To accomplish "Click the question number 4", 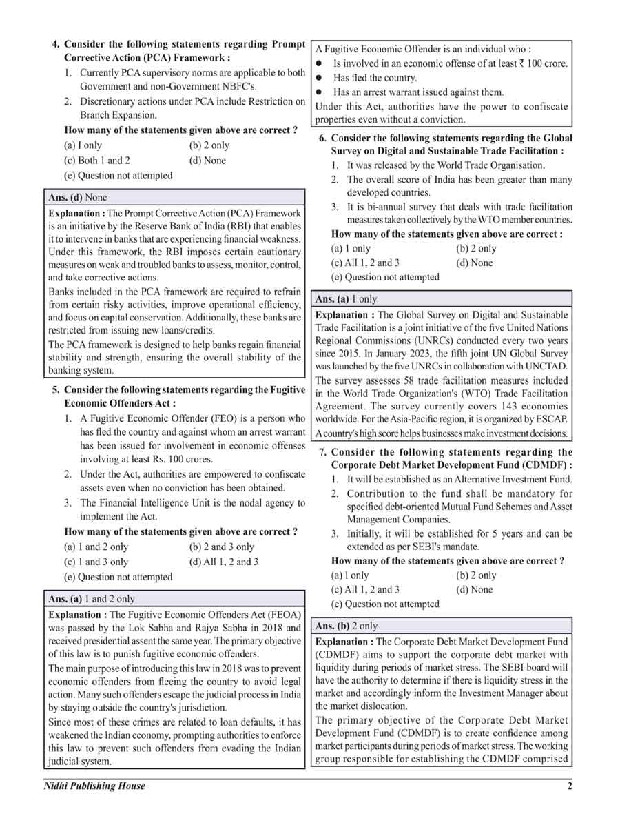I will click(x=56, y=45).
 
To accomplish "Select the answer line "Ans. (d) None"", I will click(x=78, y=197).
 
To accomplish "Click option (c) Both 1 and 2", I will click(x=96, y=161).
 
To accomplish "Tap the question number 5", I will click(x=56, y=390).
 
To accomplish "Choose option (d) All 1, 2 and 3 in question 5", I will click(x=223, y=562).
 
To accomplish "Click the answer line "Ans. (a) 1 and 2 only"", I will click(x=92, y=599).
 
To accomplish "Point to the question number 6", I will click(x=322, y=138).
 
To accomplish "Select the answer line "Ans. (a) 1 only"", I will click(x=346, y=300).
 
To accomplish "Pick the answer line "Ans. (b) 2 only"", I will click(x=347, y=626).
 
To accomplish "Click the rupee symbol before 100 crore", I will click(x=529, y=63).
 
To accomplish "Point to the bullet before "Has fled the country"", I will click(x=320, y=78).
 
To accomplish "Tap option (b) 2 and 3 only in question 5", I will click(x=221, y=547).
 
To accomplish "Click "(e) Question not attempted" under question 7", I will click(x=385, y=604).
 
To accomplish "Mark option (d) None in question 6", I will click(x=475, y=263).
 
